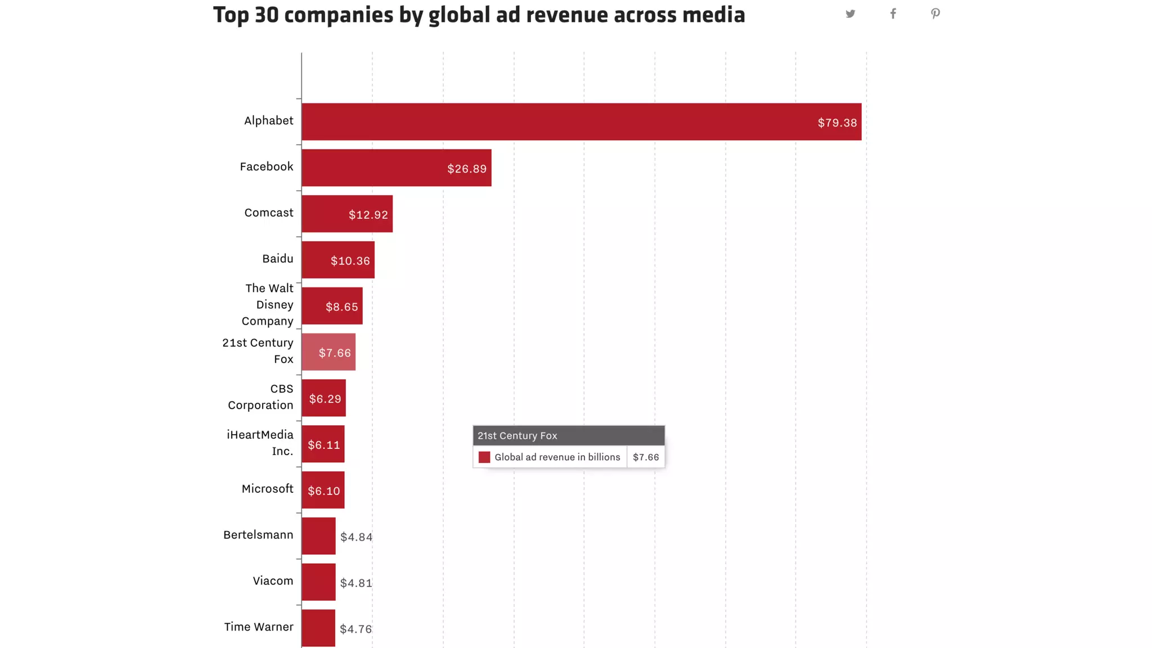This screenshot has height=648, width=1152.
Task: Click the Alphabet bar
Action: coord(581,121)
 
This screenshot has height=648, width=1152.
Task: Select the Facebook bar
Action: coord(396,168)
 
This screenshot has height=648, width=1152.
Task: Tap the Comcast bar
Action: coord(346,214)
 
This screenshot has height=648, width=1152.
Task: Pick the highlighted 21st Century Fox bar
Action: coord(328,352)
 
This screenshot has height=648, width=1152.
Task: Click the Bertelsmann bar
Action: coord(318,536)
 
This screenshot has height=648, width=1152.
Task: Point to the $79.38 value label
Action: coord(837,123)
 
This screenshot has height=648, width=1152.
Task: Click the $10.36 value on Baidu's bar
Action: coord(350,261)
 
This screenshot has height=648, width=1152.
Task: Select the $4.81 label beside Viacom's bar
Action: coord(356,583)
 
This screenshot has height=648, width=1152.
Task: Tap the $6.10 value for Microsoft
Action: coord(324,491)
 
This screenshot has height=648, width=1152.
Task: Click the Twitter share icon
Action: coord(850,14)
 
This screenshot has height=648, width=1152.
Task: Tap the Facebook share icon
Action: coord(893,14)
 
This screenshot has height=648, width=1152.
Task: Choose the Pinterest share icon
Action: coord(935,14)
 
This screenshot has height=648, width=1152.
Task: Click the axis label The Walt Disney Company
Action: coord(268,304)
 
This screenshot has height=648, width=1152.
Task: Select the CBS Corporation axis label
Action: coord(260,397)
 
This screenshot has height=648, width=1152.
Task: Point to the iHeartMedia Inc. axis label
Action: coord(260,443)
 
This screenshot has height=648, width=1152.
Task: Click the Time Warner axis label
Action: coord(259,627)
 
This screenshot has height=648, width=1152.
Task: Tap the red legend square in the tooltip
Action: coord(484,457)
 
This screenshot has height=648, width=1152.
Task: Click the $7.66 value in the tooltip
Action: coord(646,457)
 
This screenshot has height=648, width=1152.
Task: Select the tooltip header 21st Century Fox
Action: coord(517,435)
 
